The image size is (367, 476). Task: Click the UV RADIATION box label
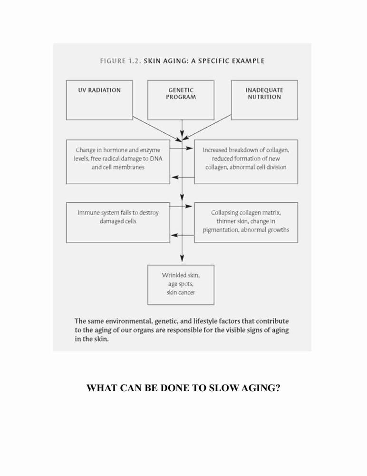click(x=99, y=90)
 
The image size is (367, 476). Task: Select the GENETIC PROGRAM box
click(x=181, y=100)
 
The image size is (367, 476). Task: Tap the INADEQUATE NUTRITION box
click(x=264, y=100)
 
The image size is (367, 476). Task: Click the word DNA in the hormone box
click(x=156, y=159)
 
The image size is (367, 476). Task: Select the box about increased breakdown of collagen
click(x=246, y=162)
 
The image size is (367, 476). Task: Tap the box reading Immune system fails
click(x=118, y=222)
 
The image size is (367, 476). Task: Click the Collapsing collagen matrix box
click(x=246, y=222)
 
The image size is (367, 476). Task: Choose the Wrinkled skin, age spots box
click(x=181, y=285)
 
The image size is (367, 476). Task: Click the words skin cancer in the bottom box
click(x=181, y=292)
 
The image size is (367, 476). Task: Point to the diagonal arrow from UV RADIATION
click(x=157, y=128)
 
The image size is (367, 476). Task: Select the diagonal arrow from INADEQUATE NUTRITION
click(x=206, y=127)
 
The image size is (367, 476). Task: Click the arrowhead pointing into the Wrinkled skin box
click(x=182, y=258)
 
